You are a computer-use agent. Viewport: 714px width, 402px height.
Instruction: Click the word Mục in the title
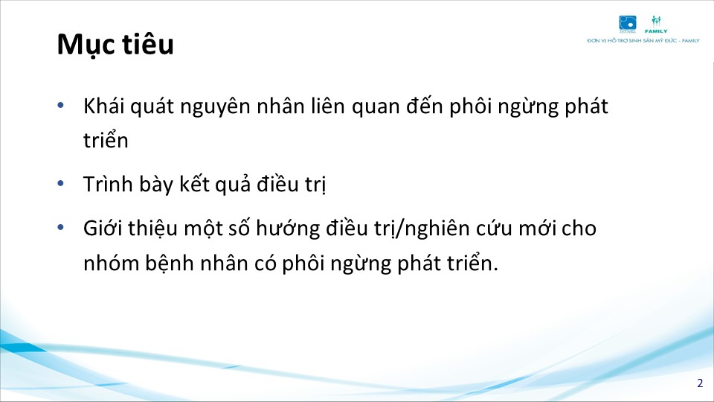click(85, 45)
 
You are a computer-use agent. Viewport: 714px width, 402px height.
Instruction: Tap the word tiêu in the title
click(147, 44)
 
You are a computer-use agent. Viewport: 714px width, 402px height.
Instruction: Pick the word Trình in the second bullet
click(107, 184)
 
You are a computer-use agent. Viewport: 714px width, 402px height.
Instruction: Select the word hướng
click(288, 229)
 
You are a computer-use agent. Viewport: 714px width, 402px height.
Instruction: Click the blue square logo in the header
click(628, 24)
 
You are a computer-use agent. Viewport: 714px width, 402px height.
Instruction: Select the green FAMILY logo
click(656, 25)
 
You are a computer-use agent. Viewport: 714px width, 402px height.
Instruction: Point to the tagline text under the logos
click(643, 40)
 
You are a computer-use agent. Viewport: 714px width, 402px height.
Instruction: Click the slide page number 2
click(700, 383)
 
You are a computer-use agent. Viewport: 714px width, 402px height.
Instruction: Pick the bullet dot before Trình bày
click(60, 183)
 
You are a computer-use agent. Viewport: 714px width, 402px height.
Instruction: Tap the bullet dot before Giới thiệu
click(60, 227)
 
